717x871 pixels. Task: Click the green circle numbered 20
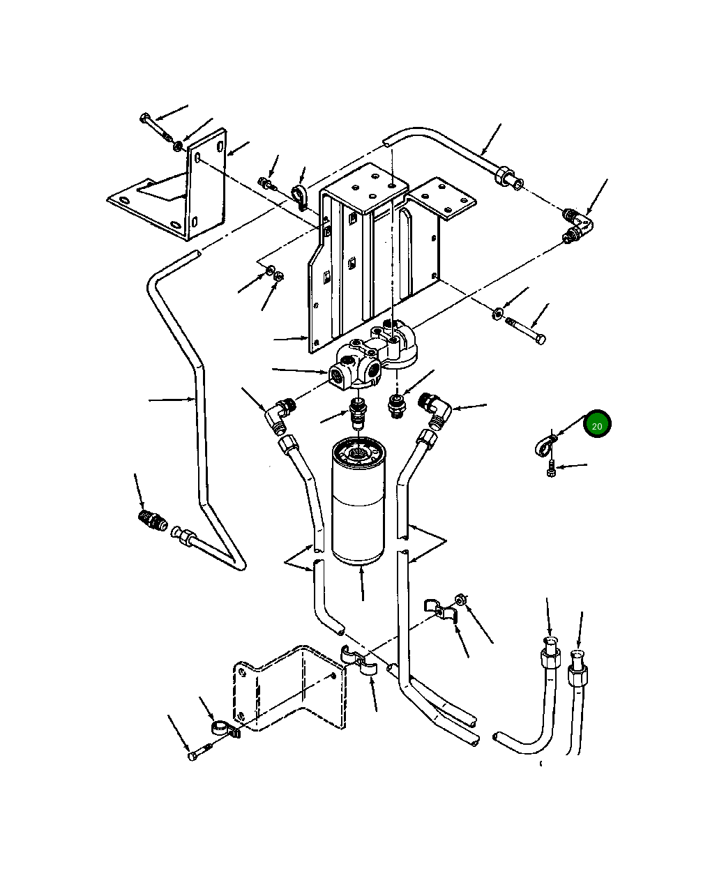tap(597, 424)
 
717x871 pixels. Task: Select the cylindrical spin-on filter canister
tap(358, 501)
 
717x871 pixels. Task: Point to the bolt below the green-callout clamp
tap(550, 469)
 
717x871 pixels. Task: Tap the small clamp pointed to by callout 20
tap(545, 444)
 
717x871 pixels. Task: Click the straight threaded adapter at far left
tap(153, 521)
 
